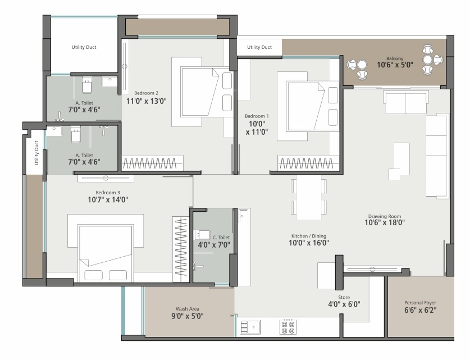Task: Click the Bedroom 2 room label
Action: pyautogui.click(x=146, y=93)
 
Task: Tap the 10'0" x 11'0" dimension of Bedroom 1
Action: pyautogui.click(x=257, y=128)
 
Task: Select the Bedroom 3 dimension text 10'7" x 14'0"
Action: pyautogui.click(x=108, y=199)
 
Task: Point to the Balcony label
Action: pyautogui.click(x=395, y=58)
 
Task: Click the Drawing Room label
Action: pyautogui.click(x=385, y=216)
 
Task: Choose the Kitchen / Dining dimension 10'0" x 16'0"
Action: pyautogui.click(x=309, y=243)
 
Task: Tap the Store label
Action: pyautogui.click(x=344, y=297)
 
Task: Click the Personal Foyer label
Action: pyautogui.click(x=420, y=303)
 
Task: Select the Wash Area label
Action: pyautogui.click(x=188, y=309)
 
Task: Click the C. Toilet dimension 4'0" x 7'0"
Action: pyautogui.click(x=214, y=245)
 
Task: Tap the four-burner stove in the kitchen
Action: pyautogui.click(x=288, y=327)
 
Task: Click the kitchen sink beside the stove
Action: pyautogui.click(x=250, y=327)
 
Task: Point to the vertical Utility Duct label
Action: pyautogui.click(x=36, y=153)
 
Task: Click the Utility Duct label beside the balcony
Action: pyautogui.click(x=259, y=47)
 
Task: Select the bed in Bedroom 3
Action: pyautogui.click(x=106, y=253)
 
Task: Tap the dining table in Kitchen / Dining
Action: pyautogui.click(x=309, y=197)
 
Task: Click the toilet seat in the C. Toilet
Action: pyautogui.click(x=202, y=234)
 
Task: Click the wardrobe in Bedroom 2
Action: pyautogui.click(x=152, y=163)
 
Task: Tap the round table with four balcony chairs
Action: pyautogui.click(x=428, y=60)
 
